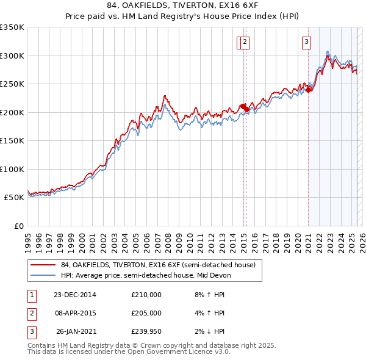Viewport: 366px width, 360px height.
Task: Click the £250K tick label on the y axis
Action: click(12, 84)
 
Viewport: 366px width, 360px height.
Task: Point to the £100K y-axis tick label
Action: click(12, 169)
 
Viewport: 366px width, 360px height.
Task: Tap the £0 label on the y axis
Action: click(18, 226)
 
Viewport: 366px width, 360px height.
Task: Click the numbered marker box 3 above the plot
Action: click(306, 42)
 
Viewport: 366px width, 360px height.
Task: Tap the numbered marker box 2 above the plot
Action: click(244, 42)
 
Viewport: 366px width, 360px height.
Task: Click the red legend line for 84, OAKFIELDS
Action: click(44, 265)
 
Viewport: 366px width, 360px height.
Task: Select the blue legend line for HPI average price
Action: click(44, 275)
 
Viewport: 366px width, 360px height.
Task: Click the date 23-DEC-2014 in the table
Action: click(74, 295)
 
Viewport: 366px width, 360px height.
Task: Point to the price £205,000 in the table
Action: click(146, 313)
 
